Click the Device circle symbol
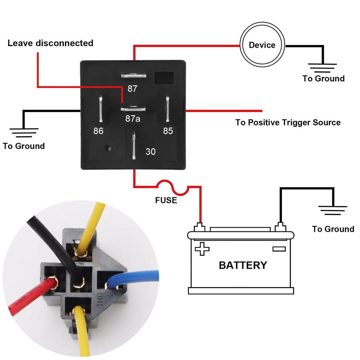[x=262, y=45]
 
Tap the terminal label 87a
[x=133, y=119]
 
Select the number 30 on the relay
[x=150, y=152]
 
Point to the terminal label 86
[x=98, y=131]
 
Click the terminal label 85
[x=168, y=131]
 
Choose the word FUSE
[x=166, y=201]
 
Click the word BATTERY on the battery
[x=243, y=265]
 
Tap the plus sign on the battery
[x=202, y=249]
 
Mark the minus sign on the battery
[x=279, y=249]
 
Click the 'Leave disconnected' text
[x=50, y=43]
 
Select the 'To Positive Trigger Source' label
[x=288, y=122]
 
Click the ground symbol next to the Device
[x=322, y=67]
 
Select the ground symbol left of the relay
[x=24, y=132]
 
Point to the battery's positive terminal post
[x=200, y=227]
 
